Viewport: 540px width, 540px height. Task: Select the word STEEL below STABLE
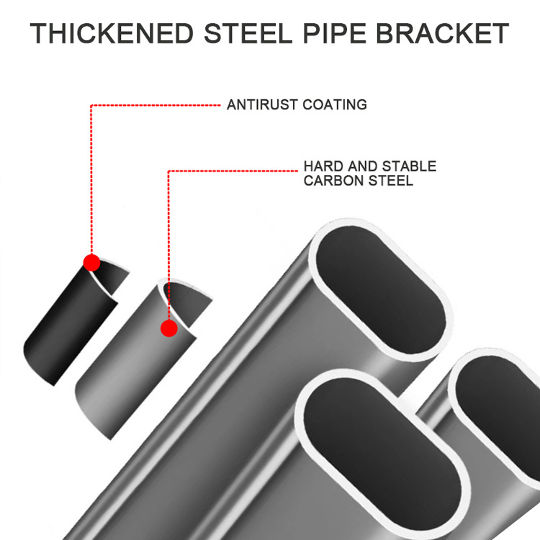(389, 180)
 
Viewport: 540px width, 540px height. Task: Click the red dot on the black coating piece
(91, 262)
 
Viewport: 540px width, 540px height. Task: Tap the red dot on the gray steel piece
(169, 329)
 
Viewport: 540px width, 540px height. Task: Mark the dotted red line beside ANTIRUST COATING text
(155, 106)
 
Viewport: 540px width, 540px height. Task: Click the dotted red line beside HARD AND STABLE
(234, 171)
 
